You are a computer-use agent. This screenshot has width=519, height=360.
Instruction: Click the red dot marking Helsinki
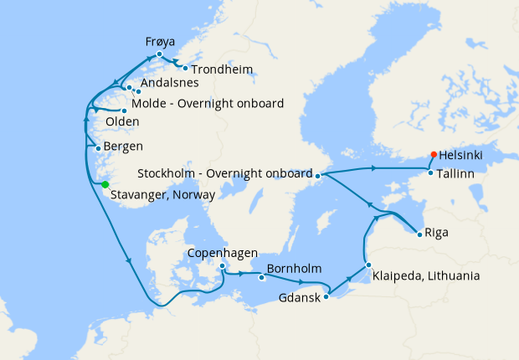433,154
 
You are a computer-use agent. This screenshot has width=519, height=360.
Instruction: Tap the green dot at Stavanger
105,184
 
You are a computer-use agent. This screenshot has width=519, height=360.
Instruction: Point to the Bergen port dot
99,148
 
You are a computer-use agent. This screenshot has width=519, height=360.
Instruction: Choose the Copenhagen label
222,253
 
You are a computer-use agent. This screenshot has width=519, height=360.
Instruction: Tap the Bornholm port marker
262,275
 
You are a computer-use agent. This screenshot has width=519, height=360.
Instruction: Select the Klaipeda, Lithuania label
426,275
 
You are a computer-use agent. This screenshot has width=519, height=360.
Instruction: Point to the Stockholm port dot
318,175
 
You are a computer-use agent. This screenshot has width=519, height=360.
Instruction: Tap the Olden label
122,122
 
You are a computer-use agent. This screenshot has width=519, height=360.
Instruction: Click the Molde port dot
124,111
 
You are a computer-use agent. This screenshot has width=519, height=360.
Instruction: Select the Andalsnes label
170,83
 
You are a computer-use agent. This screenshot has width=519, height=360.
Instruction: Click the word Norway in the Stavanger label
193,194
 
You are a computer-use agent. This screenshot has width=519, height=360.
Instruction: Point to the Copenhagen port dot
222,266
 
